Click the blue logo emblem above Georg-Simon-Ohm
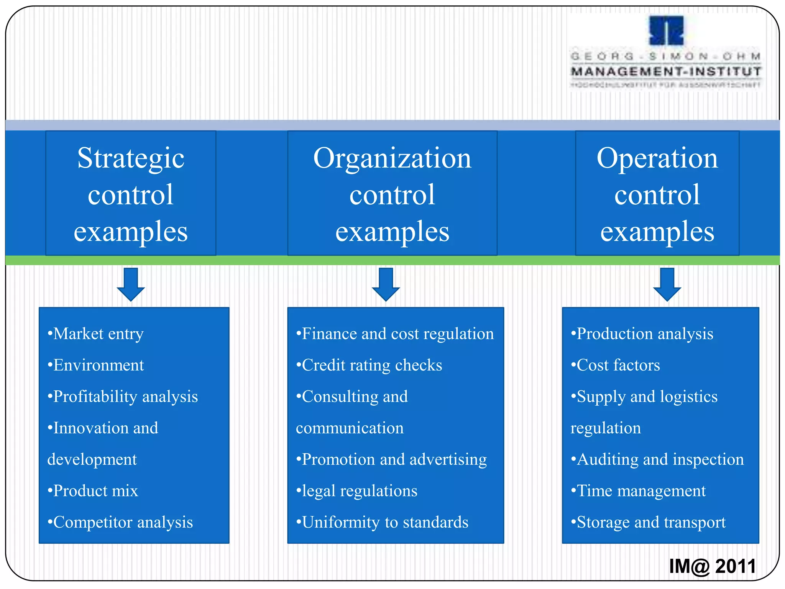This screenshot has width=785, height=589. (666, 31)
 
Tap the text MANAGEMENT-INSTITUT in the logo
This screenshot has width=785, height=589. (666, 72)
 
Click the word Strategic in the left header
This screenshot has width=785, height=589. (131, 158)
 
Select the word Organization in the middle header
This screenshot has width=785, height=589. (392, 158)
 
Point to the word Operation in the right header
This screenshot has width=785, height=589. (657, 158)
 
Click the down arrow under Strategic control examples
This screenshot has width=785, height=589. (131, 285)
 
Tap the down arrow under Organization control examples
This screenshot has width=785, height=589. (386, 285)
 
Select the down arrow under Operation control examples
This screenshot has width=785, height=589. (667, 285)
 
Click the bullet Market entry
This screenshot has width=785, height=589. (96, 334)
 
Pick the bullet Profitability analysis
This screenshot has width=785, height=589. (123, 397)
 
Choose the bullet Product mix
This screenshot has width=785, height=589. (93, 491)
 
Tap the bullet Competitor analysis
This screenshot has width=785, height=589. (120, 522)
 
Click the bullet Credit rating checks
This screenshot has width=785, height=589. (369, 365)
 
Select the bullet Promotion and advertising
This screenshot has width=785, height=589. (391, 459)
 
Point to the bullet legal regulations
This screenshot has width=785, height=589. (357, 491)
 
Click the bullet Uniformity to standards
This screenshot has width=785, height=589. (382, 522)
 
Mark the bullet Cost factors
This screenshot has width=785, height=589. (616, 365)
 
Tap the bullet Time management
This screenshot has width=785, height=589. (638, 491)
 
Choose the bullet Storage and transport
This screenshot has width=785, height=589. (648, 522)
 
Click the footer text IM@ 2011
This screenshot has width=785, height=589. (712, 566)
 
